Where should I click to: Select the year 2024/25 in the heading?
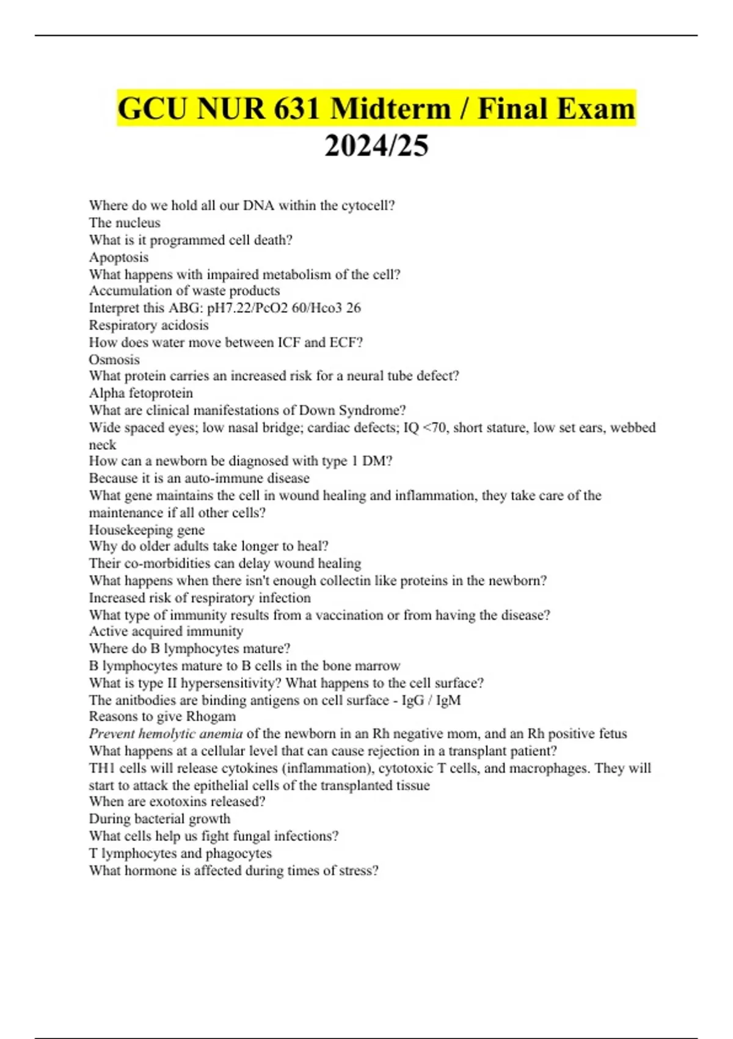point(376,145)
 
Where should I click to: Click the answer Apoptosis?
point(119,257)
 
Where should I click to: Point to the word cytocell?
point(368,205)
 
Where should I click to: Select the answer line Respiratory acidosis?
point(148,325)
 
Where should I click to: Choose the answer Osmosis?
point(114,359)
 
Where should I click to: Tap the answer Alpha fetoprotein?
point(140,393)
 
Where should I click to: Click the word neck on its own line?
point(102,445)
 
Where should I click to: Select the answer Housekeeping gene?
point(147,530)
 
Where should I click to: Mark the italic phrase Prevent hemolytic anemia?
point(166,733)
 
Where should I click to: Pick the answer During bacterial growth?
point(159,819)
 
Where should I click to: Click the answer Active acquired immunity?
point(166,631)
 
